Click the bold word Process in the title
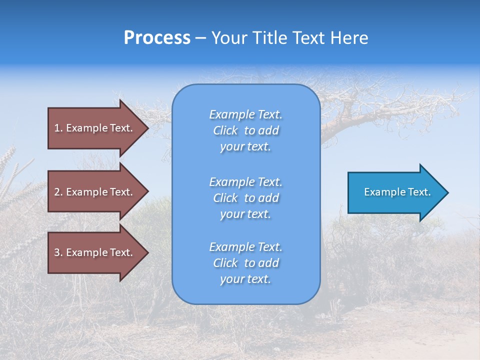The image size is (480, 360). [x=157, y=38]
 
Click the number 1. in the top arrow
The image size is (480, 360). [x=58, y=128]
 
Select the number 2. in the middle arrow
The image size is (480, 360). [x=58, y=192]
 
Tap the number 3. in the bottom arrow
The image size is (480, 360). [x=58, y=252]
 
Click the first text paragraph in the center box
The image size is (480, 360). [x=246, y=130]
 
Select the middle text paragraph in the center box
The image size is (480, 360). [x=246, y=198]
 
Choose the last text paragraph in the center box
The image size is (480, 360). [x=246, y=263]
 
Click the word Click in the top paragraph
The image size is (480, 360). [x=225, y=131]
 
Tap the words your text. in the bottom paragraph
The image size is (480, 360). [x=245, y=279]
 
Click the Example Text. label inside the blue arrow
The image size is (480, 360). [x=397, y=192]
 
